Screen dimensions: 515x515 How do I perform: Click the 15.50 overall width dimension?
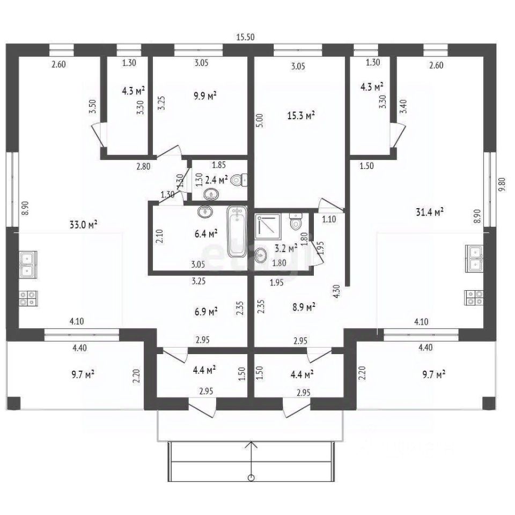point(245,37)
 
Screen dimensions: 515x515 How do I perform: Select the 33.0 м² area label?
point(84,225)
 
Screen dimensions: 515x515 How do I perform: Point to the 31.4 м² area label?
point(430,212)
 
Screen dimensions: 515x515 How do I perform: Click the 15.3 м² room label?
point(301,116)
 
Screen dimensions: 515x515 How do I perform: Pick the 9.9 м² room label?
point(205,96)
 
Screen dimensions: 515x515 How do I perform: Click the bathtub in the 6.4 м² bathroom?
point(237,232)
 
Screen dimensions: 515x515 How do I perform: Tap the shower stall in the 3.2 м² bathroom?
point(268,226)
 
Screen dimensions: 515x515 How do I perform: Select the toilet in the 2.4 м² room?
point(239,180)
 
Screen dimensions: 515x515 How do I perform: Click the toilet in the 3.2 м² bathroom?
point(296,221)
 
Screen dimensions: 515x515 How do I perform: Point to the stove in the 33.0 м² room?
point(28,298)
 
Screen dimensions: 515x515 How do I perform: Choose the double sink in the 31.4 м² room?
point(474,259)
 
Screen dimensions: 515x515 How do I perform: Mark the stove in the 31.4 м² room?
point(474,298)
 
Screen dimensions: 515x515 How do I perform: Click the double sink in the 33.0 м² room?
point(28,264)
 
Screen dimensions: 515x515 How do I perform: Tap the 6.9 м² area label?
point(206,311)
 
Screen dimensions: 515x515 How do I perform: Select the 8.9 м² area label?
point(304,307)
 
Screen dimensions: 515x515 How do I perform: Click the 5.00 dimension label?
point(260,121)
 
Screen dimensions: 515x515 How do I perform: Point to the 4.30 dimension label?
point(336,292)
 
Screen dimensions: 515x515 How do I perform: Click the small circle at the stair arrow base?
point(252,477)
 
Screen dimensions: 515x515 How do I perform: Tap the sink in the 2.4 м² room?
point(211,195)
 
